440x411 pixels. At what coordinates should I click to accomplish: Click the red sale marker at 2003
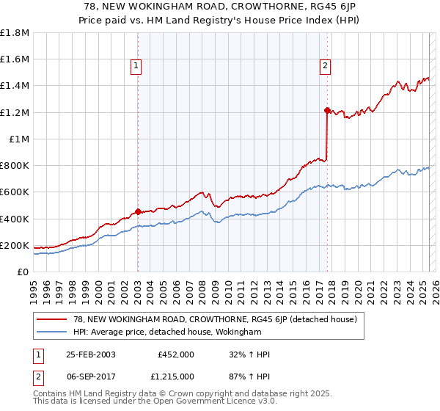(138, 211)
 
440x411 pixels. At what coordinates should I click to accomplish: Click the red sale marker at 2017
(327, 110)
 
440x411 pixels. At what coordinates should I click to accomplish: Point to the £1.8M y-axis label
(15, 33)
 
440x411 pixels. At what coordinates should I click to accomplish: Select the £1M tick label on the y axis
(19, 139)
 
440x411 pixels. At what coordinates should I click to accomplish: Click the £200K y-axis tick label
(15, 245)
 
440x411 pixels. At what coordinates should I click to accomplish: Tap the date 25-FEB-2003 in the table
(90, 354)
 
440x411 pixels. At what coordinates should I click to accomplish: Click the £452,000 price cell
(176, 354)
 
